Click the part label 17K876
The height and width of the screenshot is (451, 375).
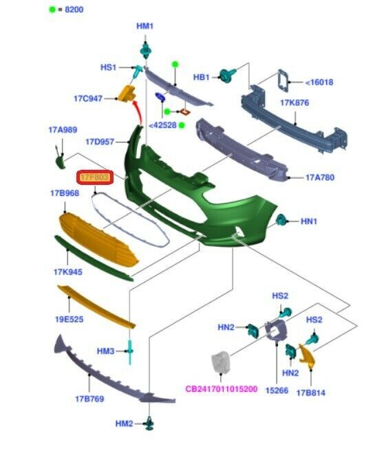294,102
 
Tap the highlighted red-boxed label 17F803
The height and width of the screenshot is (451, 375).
95,177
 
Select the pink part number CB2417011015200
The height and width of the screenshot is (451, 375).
221,389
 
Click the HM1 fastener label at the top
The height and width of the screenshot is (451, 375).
144,26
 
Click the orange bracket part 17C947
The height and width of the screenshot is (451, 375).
127,93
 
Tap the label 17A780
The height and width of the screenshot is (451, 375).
320,177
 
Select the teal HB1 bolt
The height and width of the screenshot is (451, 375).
227,75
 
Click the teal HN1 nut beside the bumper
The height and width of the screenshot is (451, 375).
281,220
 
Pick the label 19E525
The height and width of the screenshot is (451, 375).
69,319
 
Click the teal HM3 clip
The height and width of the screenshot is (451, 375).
130,352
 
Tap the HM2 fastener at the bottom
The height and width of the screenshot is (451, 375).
149,423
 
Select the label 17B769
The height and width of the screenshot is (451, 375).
89,399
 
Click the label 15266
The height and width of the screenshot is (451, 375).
277,390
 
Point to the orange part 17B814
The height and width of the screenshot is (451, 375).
307,355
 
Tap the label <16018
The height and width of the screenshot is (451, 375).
319,82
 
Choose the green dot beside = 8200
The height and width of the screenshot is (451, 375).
52,10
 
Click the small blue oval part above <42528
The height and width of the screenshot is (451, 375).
160,97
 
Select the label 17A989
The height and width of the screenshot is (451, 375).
63,130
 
